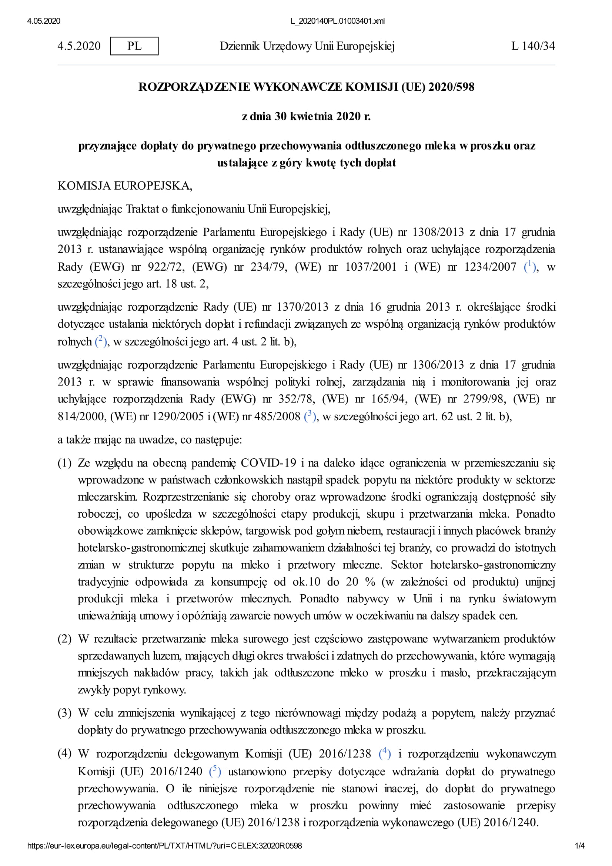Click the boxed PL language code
point(134,46)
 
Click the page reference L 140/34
point(533,46)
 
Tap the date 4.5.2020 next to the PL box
point(79,46)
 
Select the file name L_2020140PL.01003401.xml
point(338,21)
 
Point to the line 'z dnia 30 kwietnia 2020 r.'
point(306,116)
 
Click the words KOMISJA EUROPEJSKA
point(124,185)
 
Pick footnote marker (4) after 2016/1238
point(384,753)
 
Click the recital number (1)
point(64,463)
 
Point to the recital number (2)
point(64,639)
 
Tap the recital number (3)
point(64,713)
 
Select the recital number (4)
point(64,753)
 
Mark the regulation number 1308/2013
point(438,232)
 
